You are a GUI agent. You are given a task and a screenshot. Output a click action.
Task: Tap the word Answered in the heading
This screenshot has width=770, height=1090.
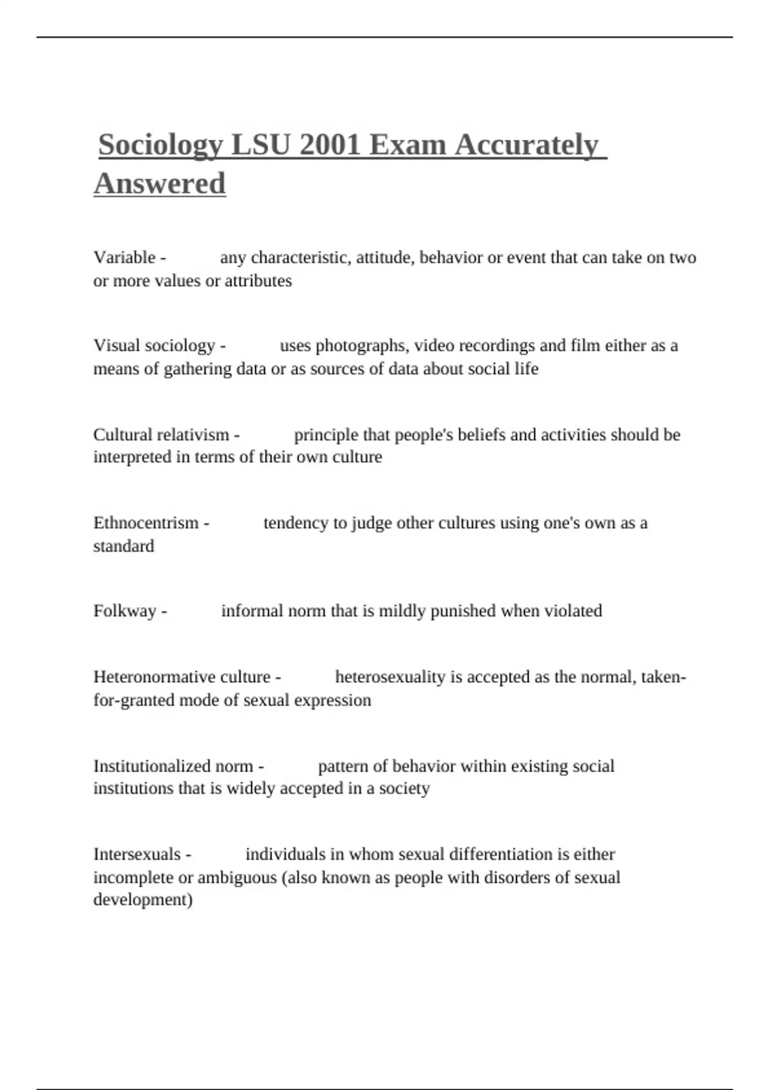[160, 183]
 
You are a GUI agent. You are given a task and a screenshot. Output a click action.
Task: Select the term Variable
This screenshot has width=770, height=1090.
[124, 258]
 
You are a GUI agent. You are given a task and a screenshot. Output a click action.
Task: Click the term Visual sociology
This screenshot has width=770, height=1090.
[154, 346]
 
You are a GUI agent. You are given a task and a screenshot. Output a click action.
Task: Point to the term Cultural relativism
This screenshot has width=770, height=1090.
[161, 435]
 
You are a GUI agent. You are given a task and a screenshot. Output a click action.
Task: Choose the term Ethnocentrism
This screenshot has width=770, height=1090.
[146, 523]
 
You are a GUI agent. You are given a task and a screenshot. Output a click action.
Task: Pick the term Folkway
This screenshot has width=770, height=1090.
[124, 611]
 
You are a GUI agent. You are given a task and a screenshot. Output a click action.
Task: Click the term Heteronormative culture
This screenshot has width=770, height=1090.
[182, 677]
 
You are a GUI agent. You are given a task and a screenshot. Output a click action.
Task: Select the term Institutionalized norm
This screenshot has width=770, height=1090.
[173, 766]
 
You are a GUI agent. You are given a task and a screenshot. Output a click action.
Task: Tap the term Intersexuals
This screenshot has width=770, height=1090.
[137, 855]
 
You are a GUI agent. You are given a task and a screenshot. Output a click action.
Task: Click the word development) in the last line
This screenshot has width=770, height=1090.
[142, 900]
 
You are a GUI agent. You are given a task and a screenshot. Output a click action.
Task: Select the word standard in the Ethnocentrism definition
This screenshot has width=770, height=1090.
[123, 546]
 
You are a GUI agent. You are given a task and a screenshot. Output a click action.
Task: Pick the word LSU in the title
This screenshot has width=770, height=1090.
[260, 145]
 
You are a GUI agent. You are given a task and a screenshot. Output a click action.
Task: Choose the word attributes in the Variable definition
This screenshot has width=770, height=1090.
[258, 281]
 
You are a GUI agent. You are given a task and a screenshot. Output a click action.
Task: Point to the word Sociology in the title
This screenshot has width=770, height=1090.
[160, 145]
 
